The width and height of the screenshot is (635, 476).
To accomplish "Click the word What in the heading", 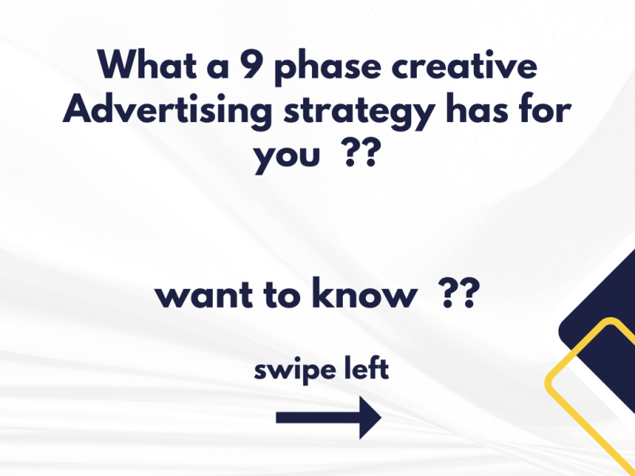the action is click(x=148, y=64).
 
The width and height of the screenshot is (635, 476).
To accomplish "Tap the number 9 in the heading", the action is click(x=251, y=64).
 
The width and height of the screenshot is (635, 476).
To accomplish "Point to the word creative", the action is click(x=464, y=65).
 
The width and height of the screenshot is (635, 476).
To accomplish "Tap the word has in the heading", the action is click(x=477, y=109).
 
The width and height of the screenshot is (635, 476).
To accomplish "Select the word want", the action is click(x=204, y=295).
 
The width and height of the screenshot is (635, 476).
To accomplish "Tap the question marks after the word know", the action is click(x=460, y=293).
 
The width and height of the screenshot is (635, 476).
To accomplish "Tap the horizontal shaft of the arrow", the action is click(x=318, y=418).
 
